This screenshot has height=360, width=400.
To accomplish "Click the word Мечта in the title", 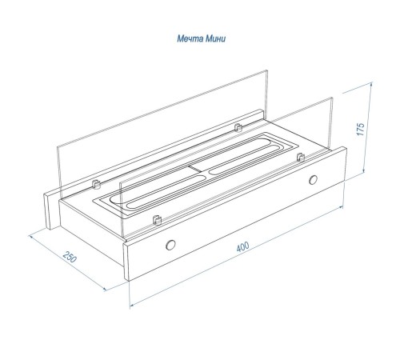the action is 190,38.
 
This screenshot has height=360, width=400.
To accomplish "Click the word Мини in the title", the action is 215,38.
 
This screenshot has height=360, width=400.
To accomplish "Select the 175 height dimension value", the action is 361,129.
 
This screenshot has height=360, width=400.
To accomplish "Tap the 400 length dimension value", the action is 242,246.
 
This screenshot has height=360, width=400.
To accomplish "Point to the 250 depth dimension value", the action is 70,257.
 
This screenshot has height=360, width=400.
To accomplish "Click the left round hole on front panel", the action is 170,245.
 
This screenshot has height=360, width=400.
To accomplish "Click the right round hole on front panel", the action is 313,180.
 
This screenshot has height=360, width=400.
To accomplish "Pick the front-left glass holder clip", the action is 157,220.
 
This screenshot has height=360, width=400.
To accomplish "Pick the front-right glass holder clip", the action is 301,157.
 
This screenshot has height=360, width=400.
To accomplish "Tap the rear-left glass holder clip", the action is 96,184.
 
